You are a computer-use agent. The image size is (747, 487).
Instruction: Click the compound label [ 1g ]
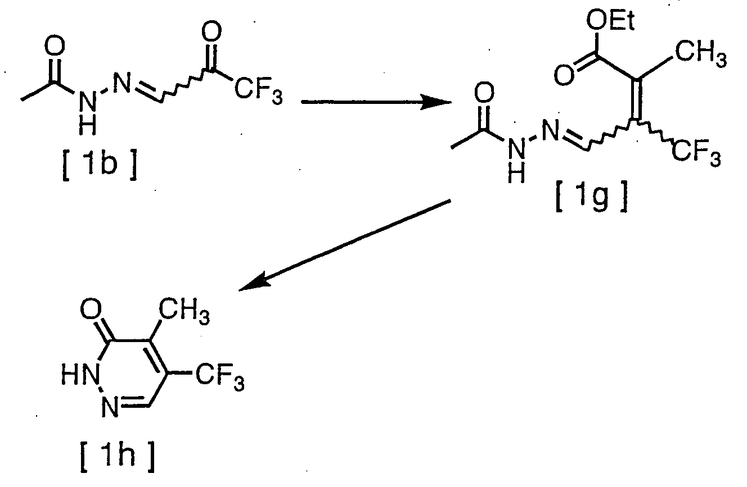[591, 201]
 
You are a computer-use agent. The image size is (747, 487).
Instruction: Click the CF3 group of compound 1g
[693, 153]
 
